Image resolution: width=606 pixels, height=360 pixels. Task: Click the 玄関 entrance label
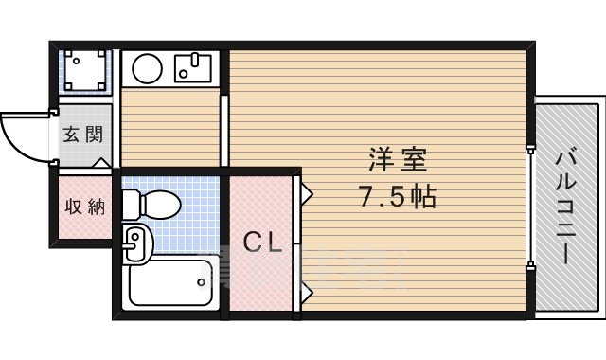click(x=82, y=135)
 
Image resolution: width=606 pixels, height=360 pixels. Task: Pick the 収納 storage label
click(x=82, y=207)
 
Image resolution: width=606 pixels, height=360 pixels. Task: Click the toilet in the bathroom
click(x=151, y=203)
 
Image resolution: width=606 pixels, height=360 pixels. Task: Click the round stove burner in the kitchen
click(x=147, y=68)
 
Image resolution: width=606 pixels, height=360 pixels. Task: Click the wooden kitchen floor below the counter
click(x=170, y=128)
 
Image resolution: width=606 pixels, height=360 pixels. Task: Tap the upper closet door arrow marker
click(x=306, y=193)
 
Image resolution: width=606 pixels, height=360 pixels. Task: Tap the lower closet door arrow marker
click(x=306, y=290)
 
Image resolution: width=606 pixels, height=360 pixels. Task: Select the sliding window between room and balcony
click(x=531, y=204)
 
